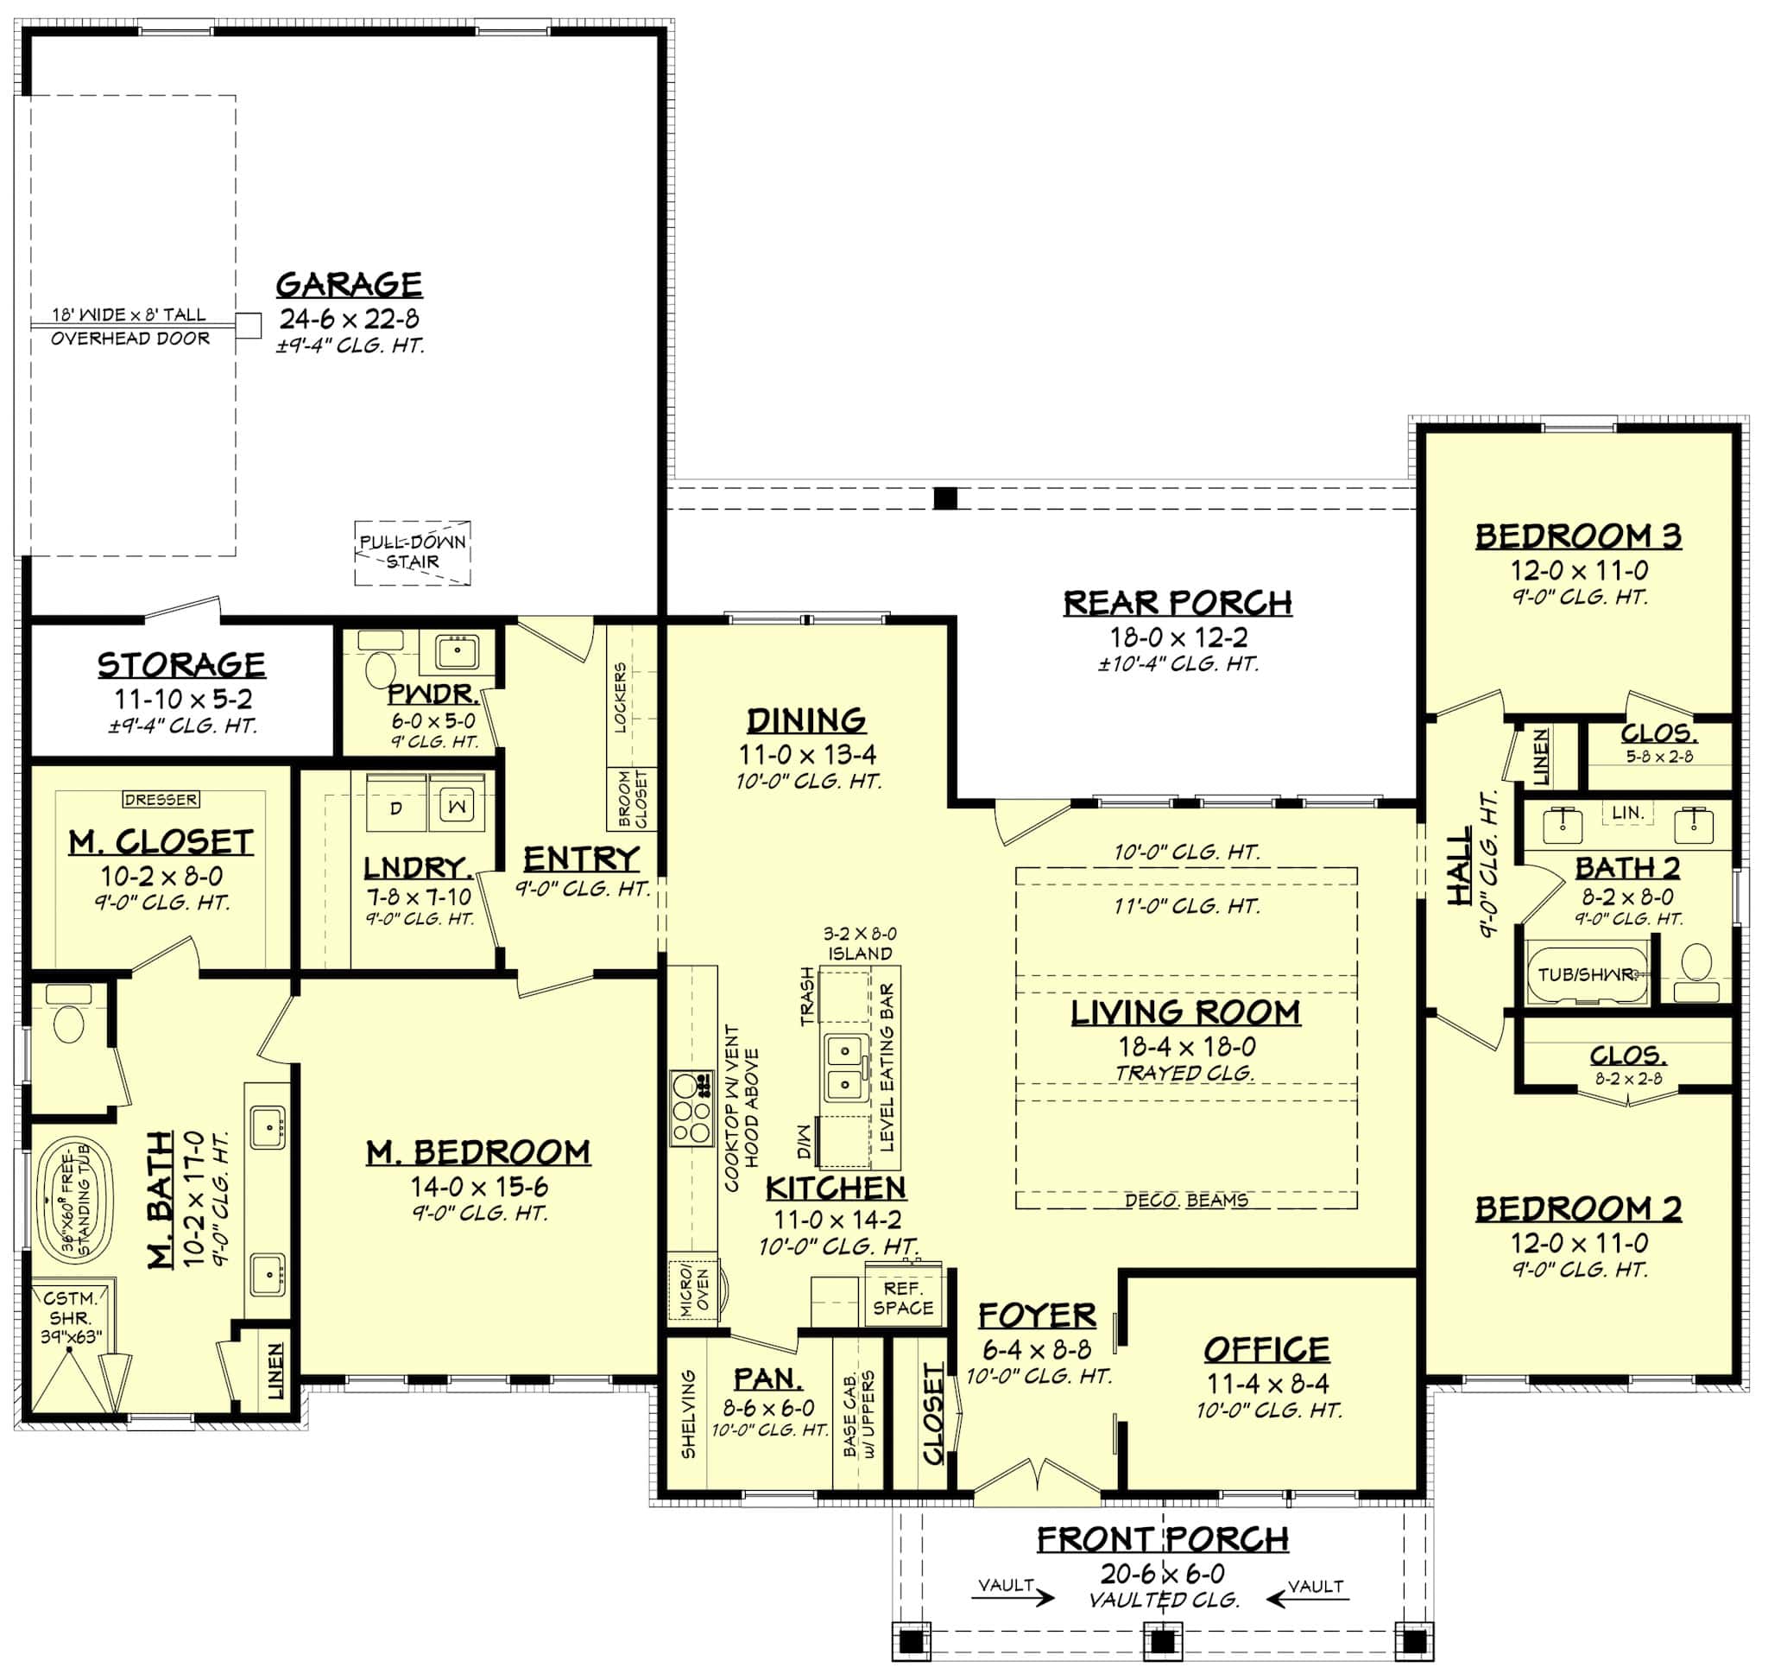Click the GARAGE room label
348,285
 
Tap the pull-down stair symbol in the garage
413,553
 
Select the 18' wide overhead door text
129,315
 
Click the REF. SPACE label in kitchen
902,1297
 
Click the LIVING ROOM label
1185,1013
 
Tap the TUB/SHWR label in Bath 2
1584,974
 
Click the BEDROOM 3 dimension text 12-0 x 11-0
1578,569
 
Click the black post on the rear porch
945,498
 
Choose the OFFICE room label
1266,1348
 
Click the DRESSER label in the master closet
161,799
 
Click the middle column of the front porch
1161,1641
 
